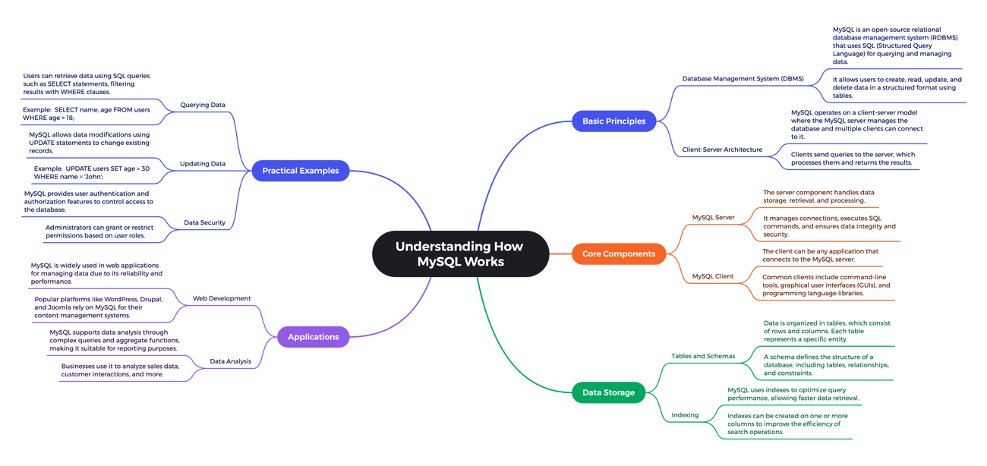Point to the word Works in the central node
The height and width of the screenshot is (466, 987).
[x=486, y=262]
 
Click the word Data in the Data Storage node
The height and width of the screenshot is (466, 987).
[x=593, y=393]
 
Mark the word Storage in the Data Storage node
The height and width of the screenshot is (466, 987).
[x=620, y=393]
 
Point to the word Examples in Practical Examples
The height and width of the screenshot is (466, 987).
[x=320, y=171]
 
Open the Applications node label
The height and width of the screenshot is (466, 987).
[x=313, y=337]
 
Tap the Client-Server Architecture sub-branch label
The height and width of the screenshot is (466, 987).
[x=740, y=79]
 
